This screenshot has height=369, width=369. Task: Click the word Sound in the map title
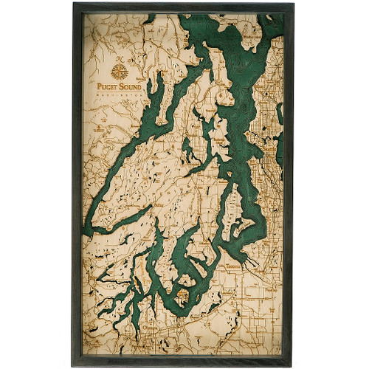(x=131, y=85)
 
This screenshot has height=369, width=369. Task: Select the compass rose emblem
(x=119, y=72)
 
